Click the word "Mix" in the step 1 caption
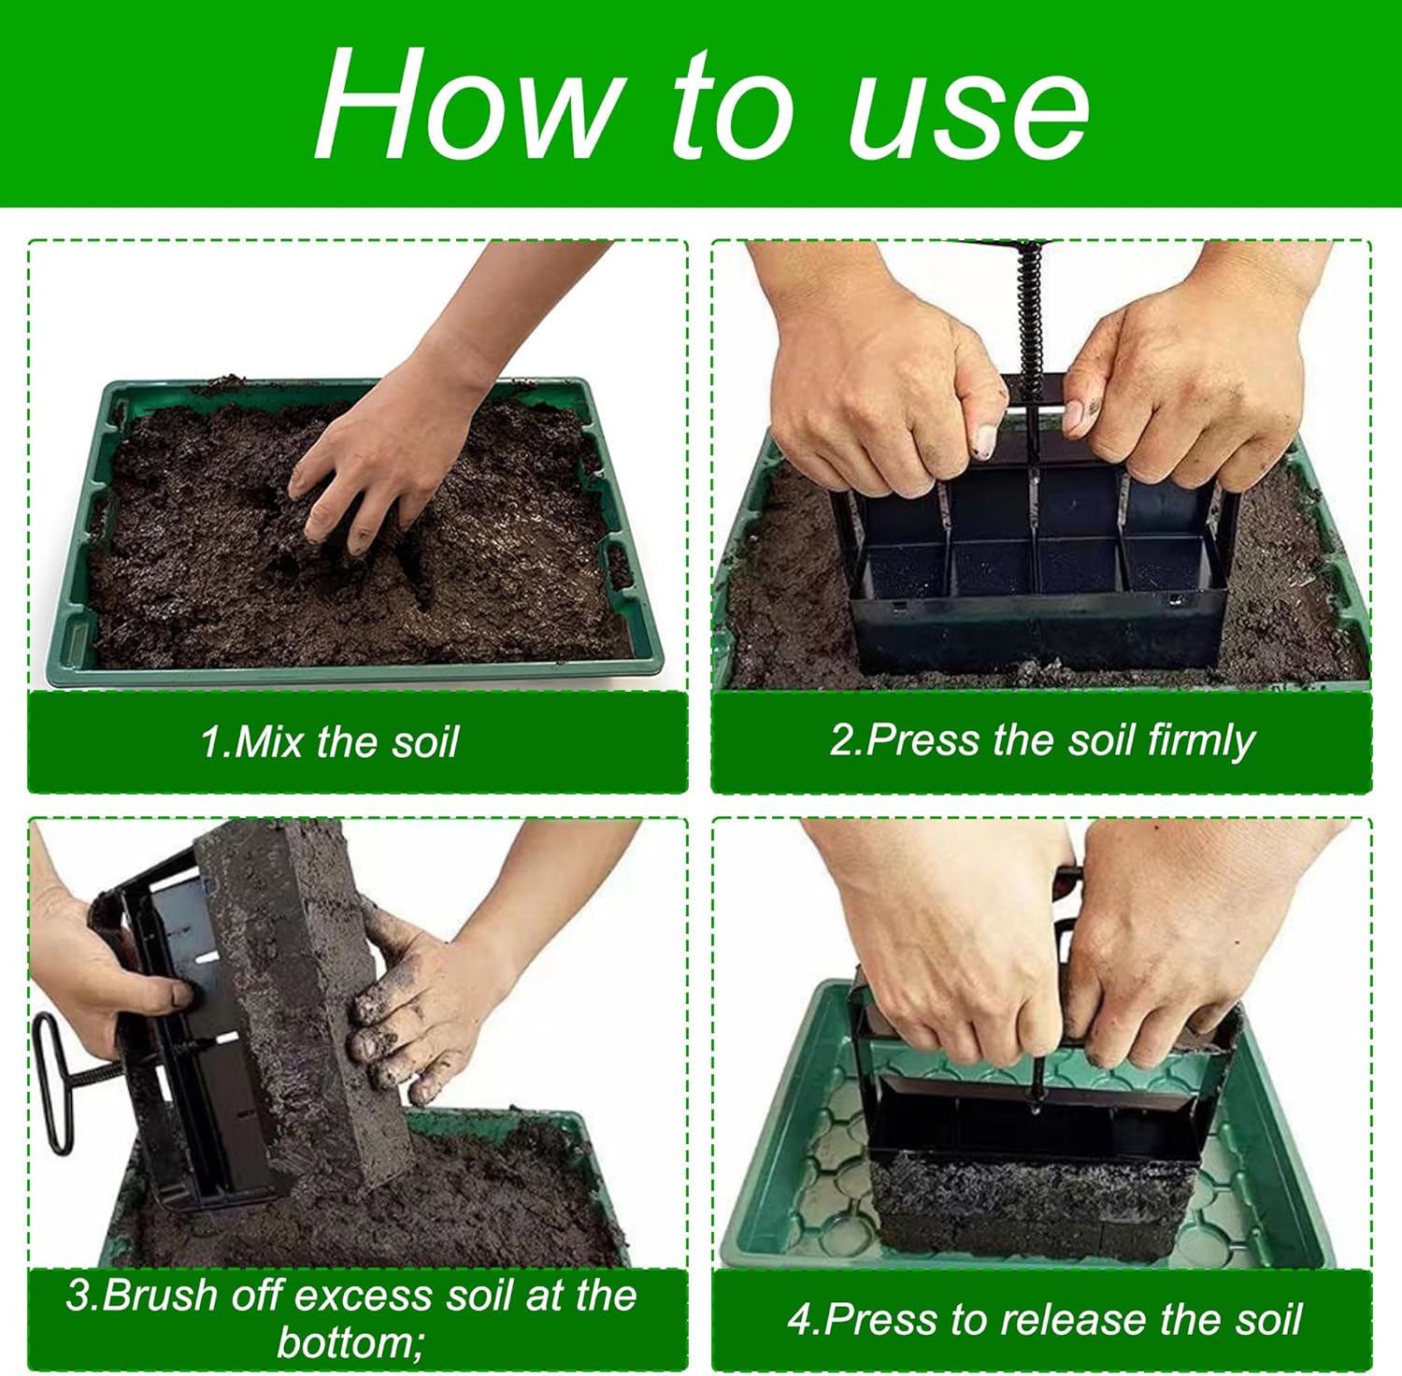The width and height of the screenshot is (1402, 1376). (x=270, y=742)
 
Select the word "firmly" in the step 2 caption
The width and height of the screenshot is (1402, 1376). (x=1200, y=741)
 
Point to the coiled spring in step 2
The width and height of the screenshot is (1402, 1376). (x=1029, y=308)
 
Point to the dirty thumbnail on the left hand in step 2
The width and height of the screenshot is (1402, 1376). (x=983, y=440)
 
